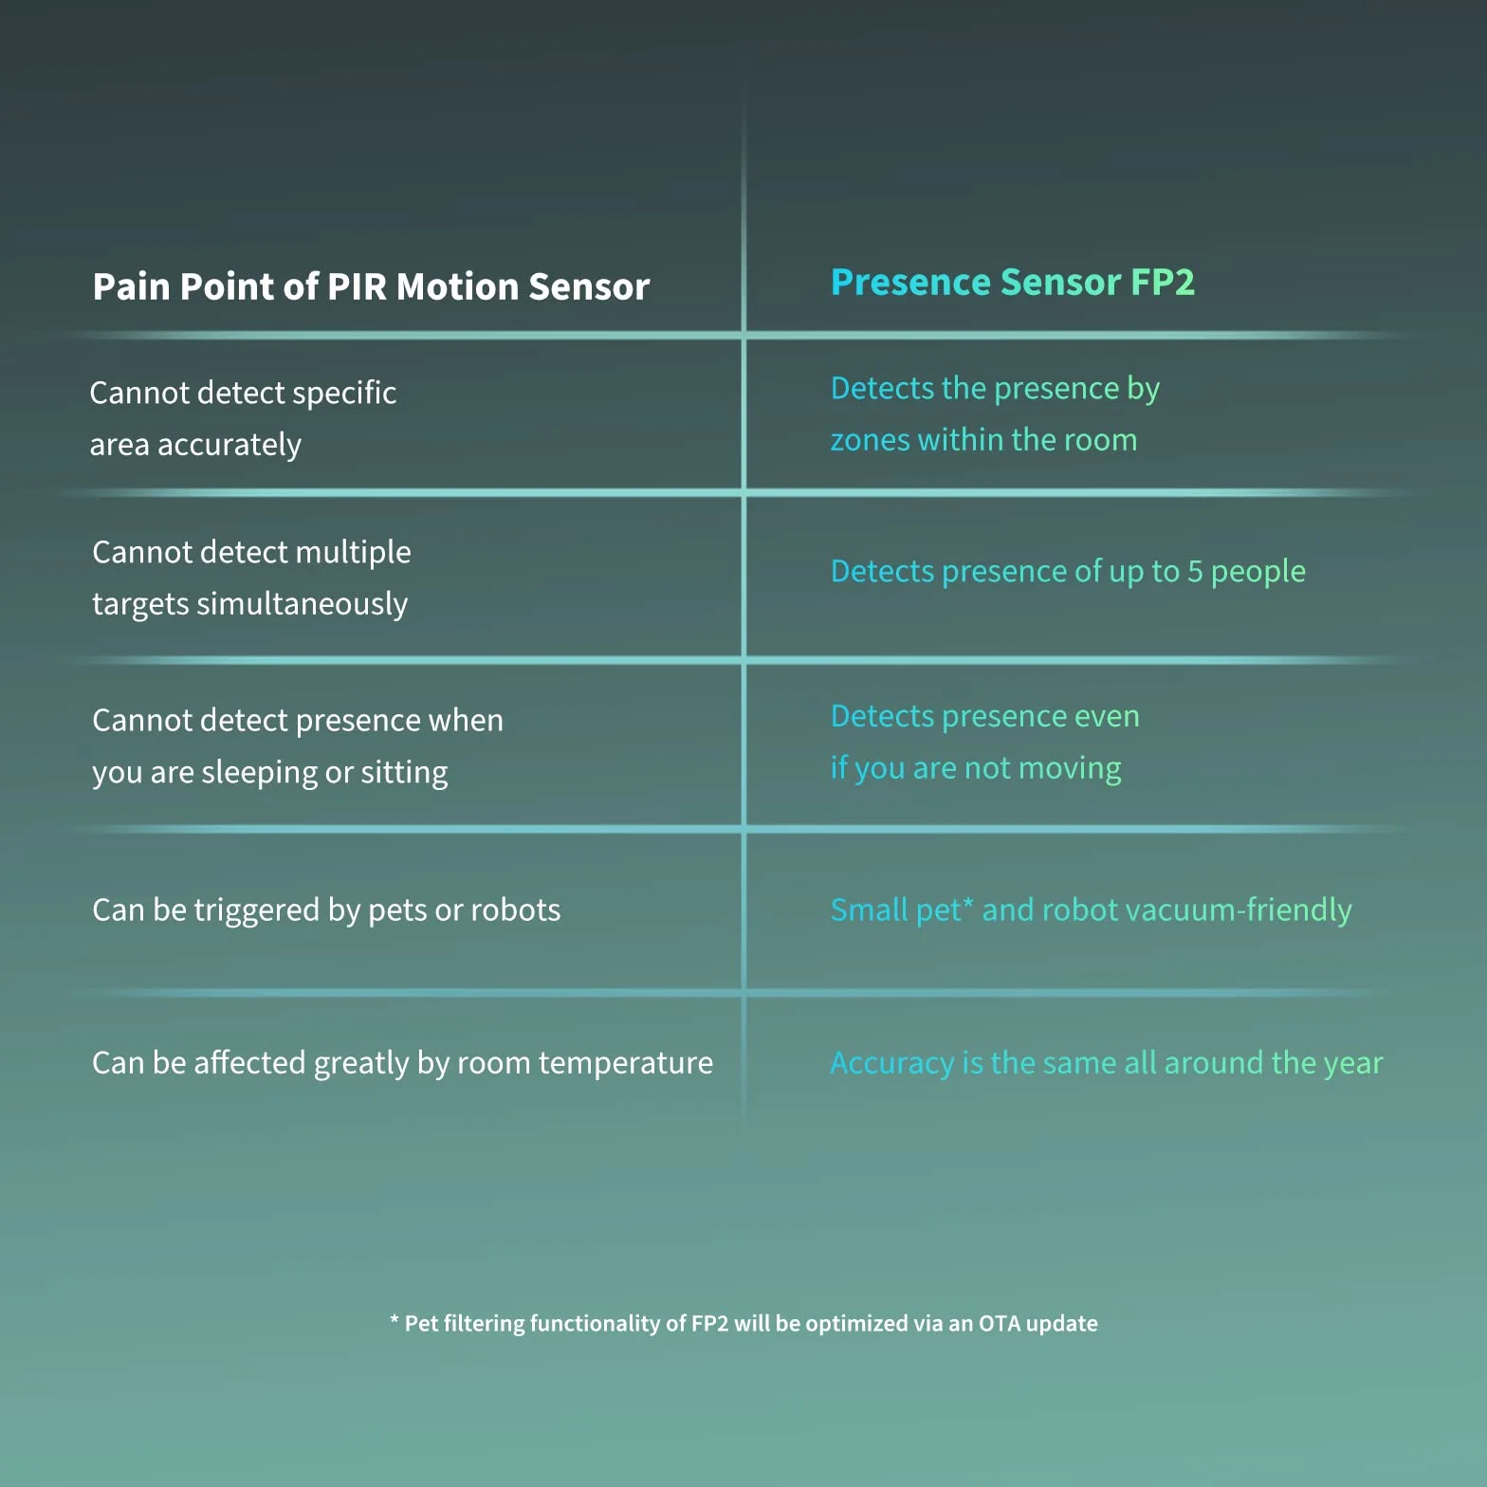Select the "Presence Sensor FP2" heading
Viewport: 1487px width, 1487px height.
1012,283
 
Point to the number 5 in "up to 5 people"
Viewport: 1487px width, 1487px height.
1195,571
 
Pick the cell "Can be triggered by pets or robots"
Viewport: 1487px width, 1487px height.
326,910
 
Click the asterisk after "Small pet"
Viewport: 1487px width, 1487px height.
968,903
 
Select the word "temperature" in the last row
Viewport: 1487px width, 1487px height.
626,1063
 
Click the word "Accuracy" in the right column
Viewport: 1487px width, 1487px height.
892,1063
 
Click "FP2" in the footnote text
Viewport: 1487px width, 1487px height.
710,1324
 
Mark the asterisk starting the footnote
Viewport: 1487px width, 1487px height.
394,1319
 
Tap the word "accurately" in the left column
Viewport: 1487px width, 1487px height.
229,446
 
